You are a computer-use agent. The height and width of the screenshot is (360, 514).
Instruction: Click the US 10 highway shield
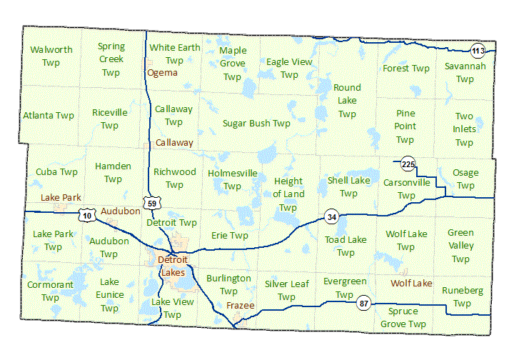pyautogui.click(x=86, y=215)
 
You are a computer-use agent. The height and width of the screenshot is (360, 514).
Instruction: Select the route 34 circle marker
pyautogui.click(x=331, y=216)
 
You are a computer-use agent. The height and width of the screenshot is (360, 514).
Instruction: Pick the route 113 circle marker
pyautogui.click(x=478, y=50)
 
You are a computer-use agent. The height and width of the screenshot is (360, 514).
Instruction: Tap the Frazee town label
pyautogui.click(x=240, y=306)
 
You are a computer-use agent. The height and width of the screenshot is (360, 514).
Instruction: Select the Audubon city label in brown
pyautogui.click(x=120, y=211)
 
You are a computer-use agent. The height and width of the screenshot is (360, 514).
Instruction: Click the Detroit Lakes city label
pyautogui.click(x=171, y=266)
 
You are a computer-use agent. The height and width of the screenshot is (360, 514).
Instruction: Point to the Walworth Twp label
pyautogui.click(x=51, y=56)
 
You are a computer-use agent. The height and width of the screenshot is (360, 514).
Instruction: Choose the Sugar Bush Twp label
pyautogui.click(x=256, y=123)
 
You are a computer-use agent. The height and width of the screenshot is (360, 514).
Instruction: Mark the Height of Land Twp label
pyautogui.click(x=288, y=194)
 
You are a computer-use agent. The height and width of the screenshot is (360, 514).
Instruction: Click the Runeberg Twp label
pyautogui.click(x=462, y=297)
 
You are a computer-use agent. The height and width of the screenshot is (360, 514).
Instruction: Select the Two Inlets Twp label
pyautogui.click(x=464, y=129)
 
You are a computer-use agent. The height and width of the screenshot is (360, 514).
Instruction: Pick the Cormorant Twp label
pyautogui.click(x=50, y=291)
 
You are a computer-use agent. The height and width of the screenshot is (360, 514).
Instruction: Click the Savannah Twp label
pyautogui.click(x=465, y=72)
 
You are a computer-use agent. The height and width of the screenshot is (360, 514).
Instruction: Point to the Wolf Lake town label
pyautogui.click(x=411, y=284)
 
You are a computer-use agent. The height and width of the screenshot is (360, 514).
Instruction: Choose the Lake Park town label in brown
pyautogui.click(x=61, y=197)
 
